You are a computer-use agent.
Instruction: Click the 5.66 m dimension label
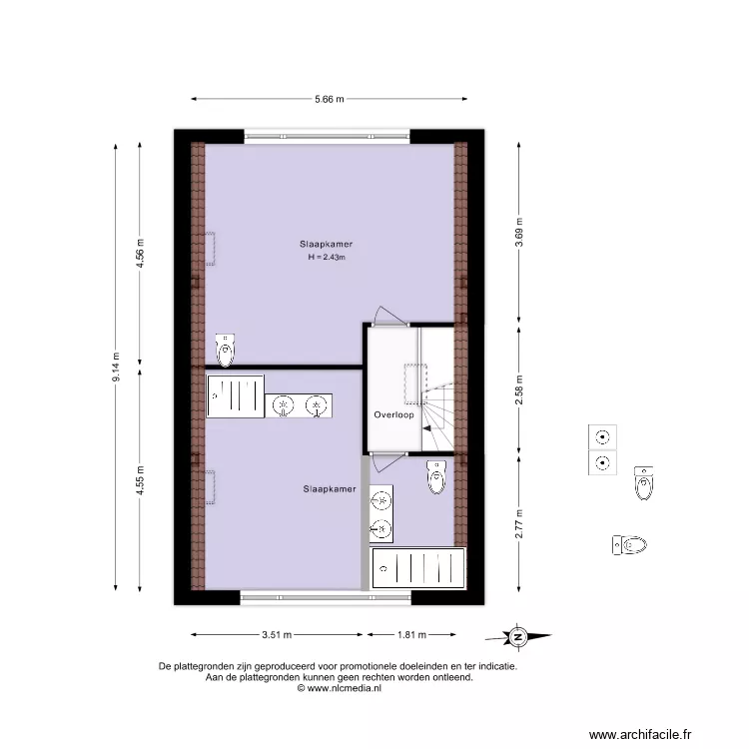tap(329, 99)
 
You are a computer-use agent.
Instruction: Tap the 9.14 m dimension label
tap(116, 369)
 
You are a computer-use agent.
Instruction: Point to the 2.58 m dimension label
tap(518, 392)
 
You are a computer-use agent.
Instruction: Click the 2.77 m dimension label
tap(518, 523)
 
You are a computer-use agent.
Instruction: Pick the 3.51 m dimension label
tap(277, 634)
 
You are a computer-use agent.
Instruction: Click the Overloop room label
tap(393, 413)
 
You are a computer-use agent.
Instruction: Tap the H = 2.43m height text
tap(327, 258)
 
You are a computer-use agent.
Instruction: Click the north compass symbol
tap(518, 636)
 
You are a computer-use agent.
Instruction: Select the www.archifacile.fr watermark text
tap(640, 734)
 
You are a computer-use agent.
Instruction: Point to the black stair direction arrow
tap(426, 428)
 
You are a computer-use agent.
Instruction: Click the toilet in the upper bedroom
tap(228, 350)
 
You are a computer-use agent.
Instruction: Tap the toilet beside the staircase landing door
tap(436, 476)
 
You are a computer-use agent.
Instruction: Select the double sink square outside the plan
tap(602, 449)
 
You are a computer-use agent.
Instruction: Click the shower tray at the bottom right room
tap(417, 568)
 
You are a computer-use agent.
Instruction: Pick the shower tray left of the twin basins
tap(236, 395)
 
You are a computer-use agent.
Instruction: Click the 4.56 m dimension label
tap(141, 257)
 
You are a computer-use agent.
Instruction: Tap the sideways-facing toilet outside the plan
tap(630, 545)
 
